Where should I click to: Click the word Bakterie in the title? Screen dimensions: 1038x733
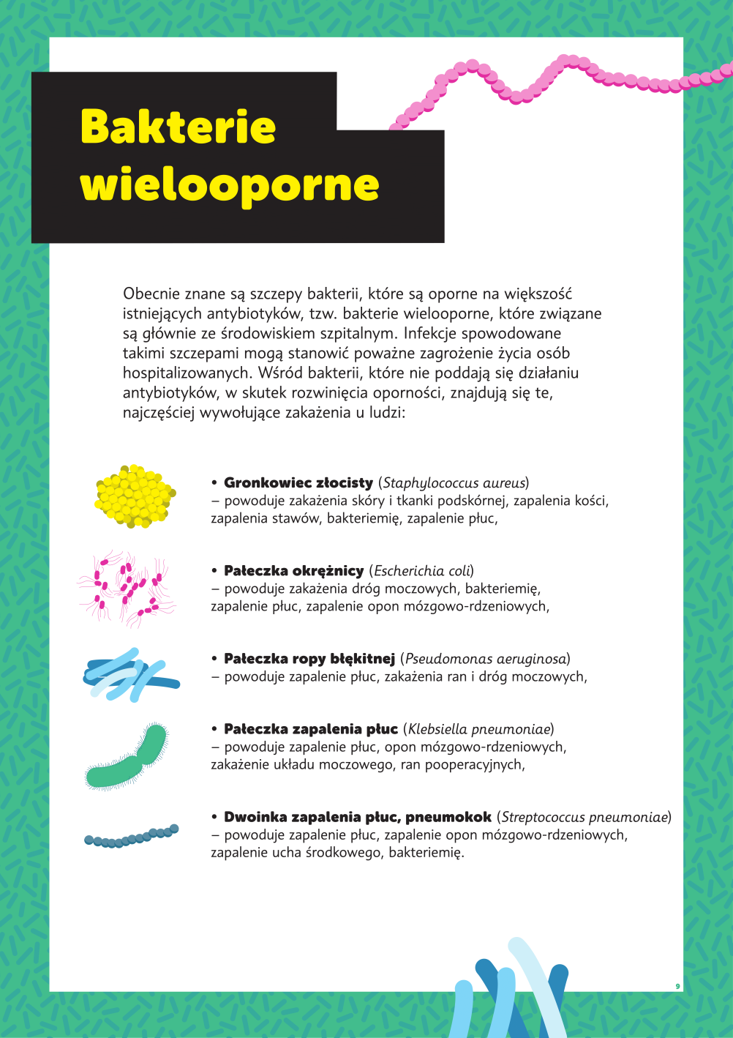[178, 127]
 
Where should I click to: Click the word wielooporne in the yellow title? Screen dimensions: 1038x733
[229, 184]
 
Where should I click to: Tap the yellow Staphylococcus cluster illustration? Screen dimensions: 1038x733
[135, 496]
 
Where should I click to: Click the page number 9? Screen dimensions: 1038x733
[677, 986]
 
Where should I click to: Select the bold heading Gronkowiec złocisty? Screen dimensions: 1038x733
[298, 483]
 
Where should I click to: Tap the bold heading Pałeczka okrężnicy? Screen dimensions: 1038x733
[293, 571]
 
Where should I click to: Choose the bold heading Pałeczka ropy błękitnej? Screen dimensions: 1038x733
[309, 659]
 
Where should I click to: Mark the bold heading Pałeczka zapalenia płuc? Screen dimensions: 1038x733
[311, 729]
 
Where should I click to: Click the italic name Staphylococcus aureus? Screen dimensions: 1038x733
[454, 483]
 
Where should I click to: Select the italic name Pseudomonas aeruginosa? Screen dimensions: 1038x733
[486, 659]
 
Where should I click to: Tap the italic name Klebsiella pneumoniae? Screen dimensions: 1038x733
[479, 729]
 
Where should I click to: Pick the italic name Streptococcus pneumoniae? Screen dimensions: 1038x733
[584, 817]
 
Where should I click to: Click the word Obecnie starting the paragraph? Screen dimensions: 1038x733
[151, 294]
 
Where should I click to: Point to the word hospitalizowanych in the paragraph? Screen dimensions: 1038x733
[187, 373]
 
